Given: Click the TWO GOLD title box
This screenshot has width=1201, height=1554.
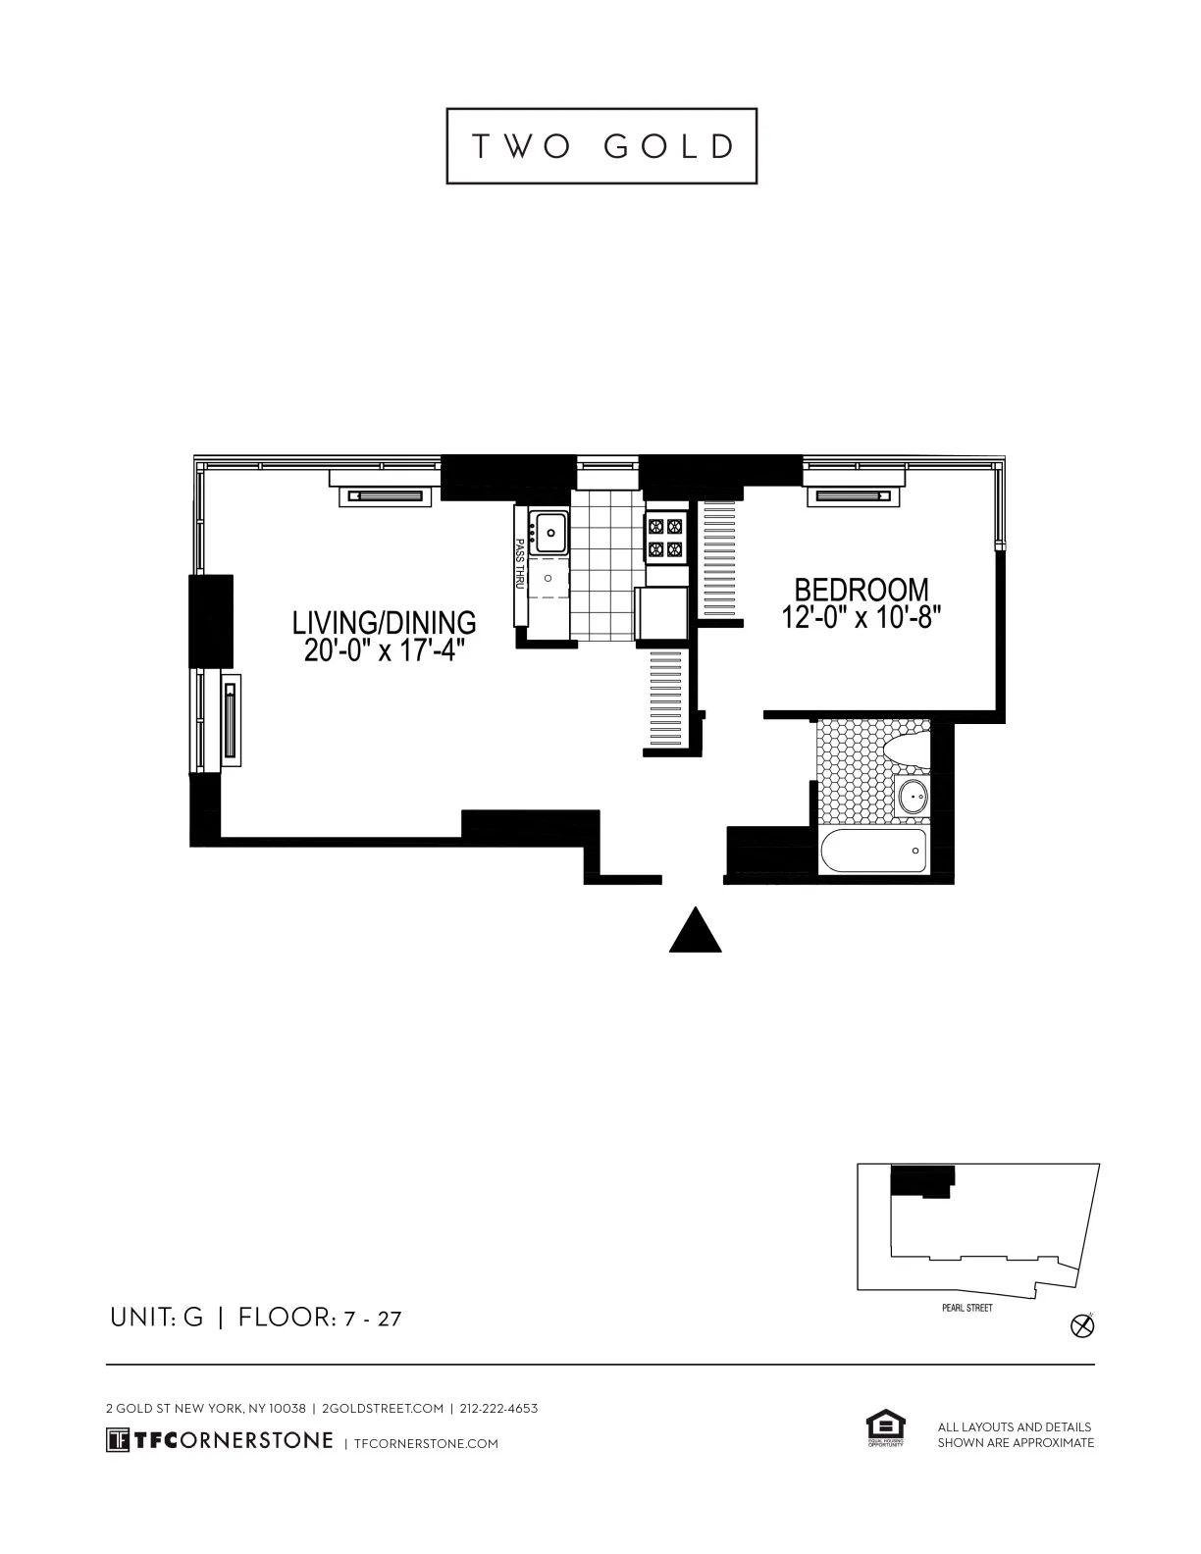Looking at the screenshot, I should [601, 146].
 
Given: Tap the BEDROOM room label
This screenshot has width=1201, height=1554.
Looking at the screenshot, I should [861, 590].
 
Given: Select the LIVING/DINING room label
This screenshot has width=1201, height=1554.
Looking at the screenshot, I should [384, 622].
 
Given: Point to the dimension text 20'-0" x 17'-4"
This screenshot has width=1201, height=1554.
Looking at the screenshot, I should [384, 649].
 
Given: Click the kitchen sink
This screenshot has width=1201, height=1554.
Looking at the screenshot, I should [549, 533].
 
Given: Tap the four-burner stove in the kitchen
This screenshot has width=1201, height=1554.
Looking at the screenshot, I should [664, 539].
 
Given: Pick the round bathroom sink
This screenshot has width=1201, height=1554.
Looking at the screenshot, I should [914, 797].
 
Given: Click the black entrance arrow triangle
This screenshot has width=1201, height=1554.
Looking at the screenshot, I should [696, 931].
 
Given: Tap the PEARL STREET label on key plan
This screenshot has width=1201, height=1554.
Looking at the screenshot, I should [966, 1308].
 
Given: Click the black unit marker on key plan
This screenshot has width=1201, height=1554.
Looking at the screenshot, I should [920, 1179].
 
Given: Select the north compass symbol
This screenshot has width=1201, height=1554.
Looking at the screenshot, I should [1082, 1326].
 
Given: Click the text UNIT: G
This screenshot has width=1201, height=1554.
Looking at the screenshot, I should [156, 1318].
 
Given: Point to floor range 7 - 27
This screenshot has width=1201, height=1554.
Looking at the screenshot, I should [373, 1319].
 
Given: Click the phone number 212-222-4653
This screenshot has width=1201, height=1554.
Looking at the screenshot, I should [498, 1408].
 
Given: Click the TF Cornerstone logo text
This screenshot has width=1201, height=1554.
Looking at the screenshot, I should [220, 1440].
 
